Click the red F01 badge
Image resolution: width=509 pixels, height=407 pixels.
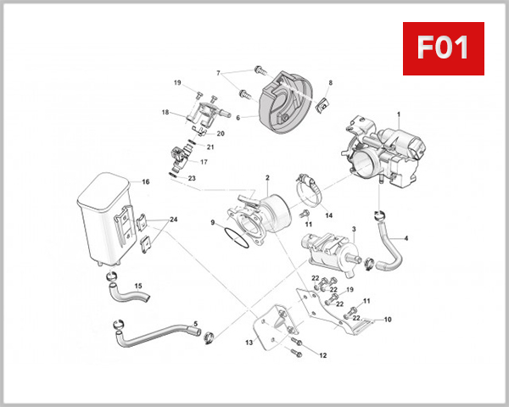point(442,48)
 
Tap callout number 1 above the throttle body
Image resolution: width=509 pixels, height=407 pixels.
point(398,114)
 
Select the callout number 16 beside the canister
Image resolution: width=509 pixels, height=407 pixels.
point(145,182)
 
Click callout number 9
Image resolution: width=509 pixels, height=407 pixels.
point(213,222)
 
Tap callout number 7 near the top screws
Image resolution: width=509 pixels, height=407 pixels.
point(218,73)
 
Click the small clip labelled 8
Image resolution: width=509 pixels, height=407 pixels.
point(322,105)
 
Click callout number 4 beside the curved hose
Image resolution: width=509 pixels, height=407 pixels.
point(406,238)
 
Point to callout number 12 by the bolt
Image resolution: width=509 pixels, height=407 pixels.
point(322,355)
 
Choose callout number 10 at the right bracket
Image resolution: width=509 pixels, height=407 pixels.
point(387,320)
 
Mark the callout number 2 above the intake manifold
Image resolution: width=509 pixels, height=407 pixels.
point(266,178)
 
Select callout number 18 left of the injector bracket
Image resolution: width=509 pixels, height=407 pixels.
point(165,112)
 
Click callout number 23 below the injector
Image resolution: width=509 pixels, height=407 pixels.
point(192,178)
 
